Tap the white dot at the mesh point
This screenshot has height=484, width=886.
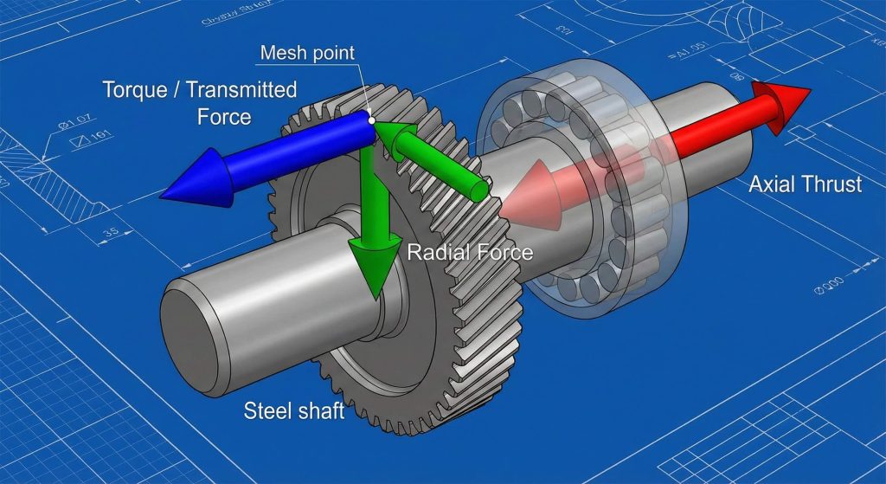point(371,120)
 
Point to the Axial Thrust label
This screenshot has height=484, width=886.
point(805,184)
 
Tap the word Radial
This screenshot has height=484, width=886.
point(436,253)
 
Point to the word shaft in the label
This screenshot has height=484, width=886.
point(319,409)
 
